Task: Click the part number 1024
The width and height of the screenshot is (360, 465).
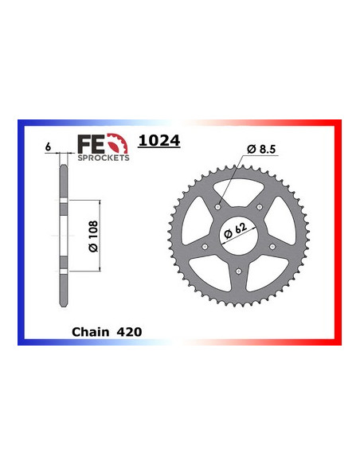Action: pyautogui.click(x=159, y=141)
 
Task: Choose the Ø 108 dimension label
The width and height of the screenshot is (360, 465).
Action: pyautogui.click(x=92, y=236)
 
